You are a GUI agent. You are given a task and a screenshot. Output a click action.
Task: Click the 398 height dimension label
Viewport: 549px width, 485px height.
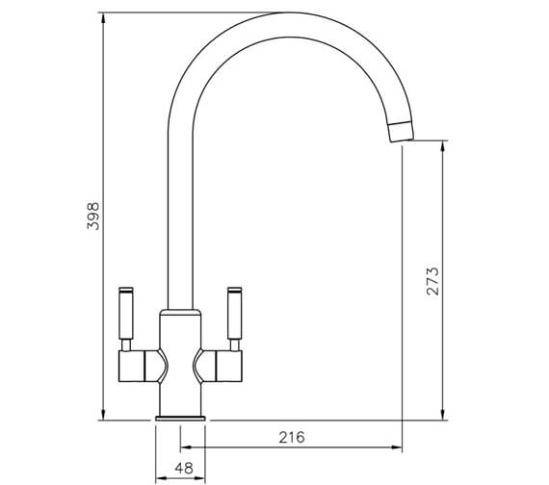[93, 216]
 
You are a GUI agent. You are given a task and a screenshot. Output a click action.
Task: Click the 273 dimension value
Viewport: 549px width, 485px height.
[432, 281]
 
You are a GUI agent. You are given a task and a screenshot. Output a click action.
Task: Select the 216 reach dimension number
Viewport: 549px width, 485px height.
[292, 437]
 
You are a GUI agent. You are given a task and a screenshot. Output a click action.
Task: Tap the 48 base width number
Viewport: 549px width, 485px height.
[184, 468]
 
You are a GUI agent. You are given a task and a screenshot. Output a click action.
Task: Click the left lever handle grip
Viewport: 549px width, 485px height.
[126, 316]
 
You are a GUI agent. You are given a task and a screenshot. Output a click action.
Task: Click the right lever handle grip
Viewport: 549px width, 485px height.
[235, 316]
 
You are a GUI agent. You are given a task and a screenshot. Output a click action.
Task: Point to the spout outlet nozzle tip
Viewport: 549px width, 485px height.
[402, 132]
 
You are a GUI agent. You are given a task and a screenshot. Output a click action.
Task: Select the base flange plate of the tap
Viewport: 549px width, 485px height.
[180, 419]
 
